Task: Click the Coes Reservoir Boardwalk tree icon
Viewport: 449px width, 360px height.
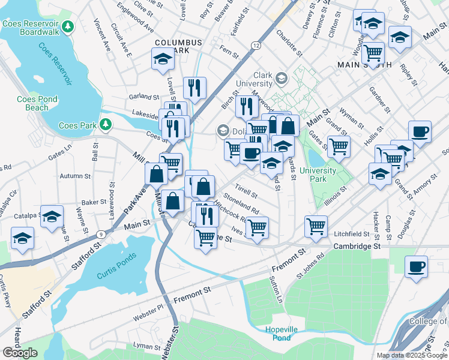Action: pos(69,26)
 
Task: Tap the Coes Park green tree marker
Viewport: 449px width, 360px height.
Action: pos(106,124)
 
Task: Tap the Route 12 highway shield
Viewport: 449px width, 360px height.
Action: pos(256,46)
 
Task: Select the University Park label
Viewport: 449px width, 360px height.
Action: pos(318,175)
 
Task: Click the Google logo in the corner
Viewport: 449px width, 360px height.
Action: pos(20,352)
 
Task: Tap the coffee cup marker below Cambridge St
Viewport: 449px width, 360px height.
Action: pos(416,266)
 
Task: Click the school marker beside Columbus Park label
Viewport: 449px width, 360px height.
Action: pos(162,59)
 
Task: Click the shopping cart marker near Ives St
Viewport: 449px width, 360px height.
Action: pos(257,227)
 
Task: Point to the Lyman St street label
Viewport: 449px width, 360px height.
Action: pos(143,346)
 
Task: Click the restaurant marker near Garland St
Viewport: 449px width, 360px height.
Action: pos(194,88)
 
